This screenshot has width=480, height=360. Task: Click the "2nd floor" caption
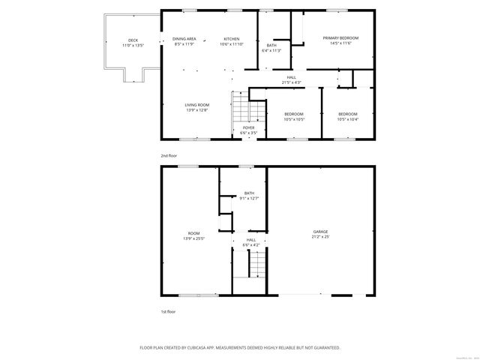point(168,155)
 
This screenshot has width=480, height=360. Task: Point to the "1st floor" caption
point(168,311)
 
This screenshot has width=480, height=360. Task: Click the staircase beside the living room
point(241,109)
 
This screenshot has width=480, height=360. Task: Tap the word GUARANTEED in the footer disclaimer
point(325,348)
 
